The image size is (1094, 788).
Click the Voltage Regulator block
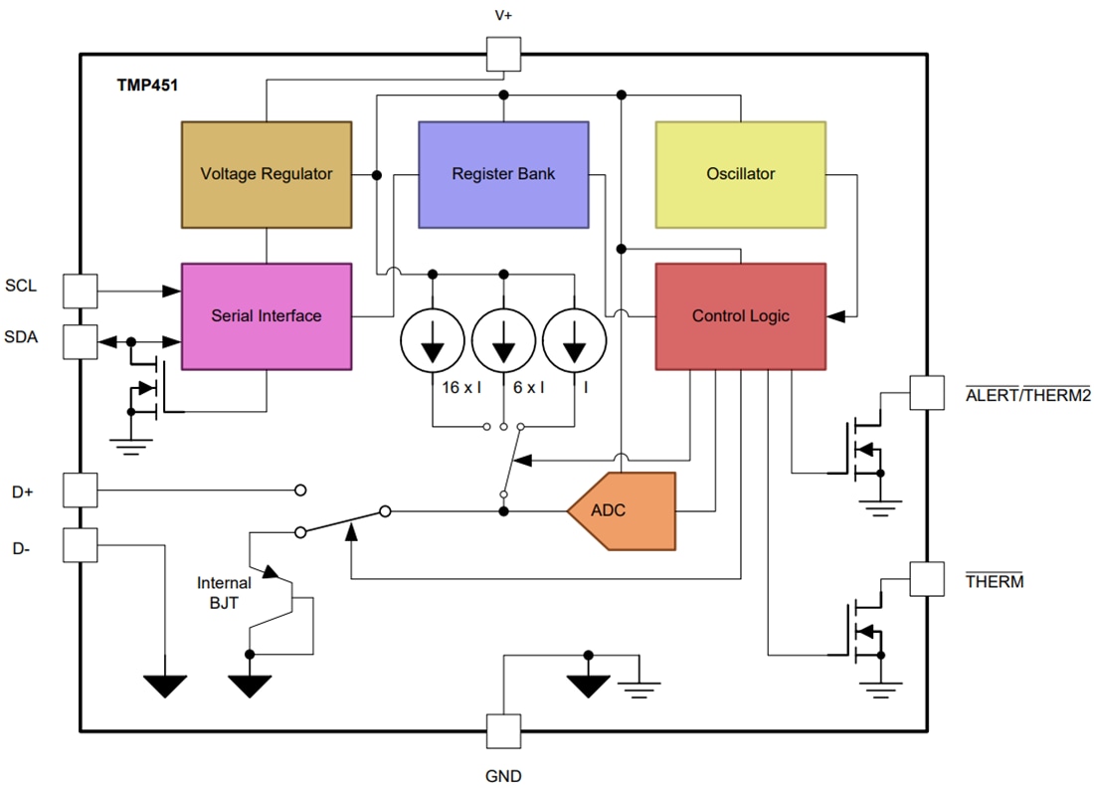(266, 174)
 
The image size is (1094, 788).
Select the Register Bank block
(503, 174)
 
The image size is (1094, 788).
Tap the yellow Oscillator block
(740, 174)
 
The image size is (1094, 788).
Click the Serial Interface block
(266, 316)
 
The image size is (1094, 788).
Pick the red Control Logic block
(740, 316)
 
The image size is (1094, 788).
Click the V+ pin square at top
(503, 54)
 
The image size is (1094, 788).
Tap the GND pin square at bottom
(503, 731)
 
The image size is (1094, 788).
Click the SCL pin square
(80, 291)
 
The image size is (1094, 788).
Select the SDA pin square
(80, 341)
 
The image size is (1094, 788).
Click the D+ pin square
(80, 490)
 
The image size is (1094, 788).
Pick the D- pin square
(80, 544)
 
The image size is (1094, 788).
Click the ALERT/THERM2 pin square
(927, 392)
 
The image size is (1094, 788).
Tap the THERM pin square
(927, 579)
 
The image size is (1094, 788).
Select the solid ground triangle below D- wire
(165, 686)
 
